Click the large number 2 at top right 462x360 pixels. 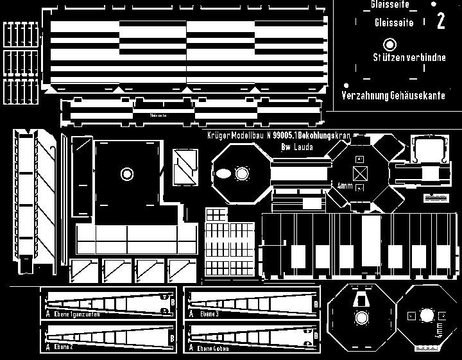tap(440, 22)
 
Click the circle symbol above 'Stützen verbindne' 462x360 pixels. tap(389, 45)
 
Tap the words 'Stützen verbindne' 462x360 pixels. tap(409, 58)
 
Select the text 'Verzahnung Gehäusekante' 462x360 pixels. tap(393, 96)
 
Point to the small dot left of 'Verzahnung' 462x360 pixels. tap(346, 85)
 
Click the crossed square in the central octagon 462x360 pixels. tap(360, 172)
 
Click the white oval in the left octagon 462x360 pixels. tap(223, 174)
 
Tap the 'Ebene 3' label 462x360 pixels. tap(209, 314)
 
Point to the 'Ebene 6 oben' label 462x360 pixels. tap(212, 348)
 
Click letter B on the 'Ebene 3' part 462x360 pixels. tap(315, 304)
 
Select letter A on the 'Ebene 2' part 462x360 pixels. tap(47, 347)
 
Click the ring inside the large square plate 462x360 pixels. tap(126, 173)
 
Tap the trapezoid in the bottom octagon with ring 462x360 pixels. tap(361, 299)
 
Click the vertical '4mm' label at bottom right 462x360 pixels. tap(439, 331)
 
